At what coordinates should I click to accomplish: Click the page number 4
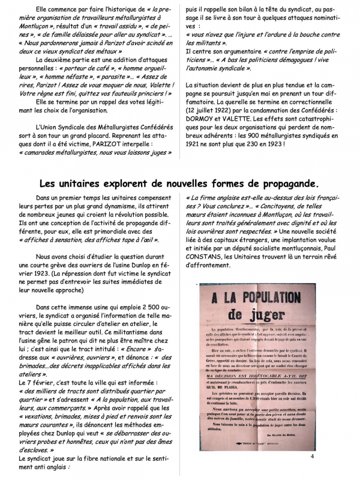click(313, 456)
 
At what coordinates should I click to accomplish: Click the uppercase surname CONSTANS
click(206, 257)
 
